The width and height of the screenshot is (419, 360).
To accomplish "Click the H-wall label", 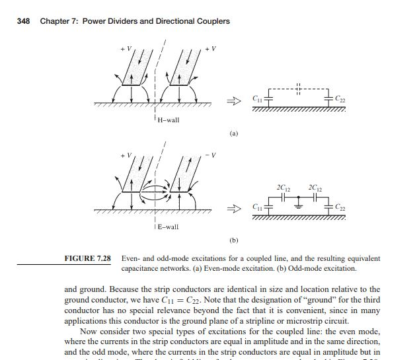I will (x=168, y=120).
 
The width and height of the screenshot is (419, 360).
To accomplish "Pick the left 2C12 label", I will (x=286, y=183).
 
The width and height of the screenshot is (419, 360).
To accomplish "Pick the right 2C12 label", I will (x=313, y=183).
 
